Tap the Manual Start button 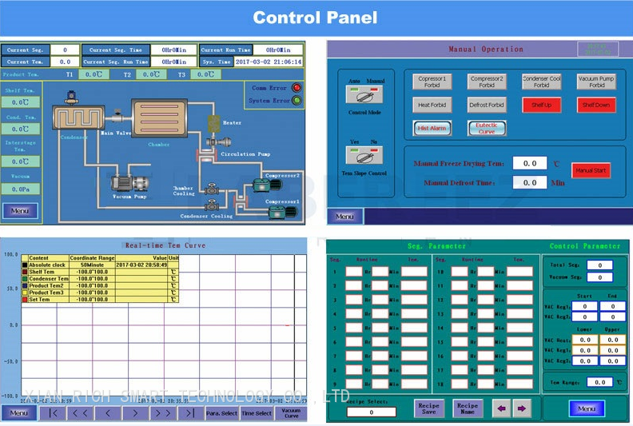tap(591, 170)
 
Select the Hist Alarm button tap(432, 128)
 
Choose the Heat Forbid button tap(432, 105)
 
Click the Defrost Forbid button tap(486, 105)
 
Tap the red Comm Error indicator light tap(297, 88)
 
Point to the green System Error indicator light tap(297, 101)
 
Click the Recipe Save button tap(429, 408)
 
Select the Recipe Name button tap(468, 408)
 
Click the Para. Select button tap(221, 413)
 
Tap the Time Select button tap(257, 413)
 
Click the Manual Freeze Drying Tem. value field tap(529, 163)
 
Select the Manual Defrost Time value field tap(529, 182)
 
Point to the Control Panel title tap(316, 18)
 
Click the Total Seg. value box tap(599, 265)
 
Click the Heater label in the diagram tap(232, 123)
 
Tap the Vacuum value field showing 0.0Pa tap(21, 189)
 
